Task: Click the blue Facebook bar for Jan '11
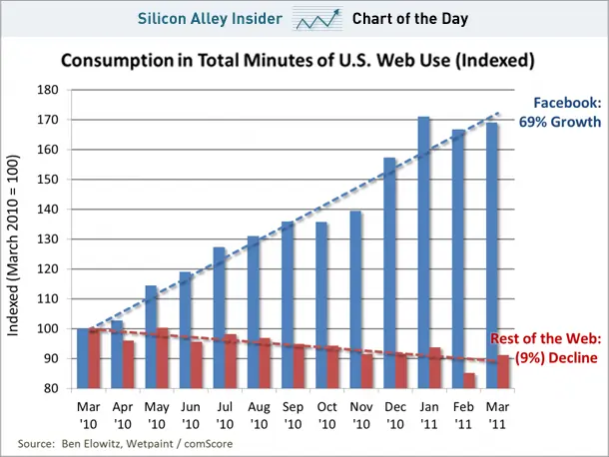[423, 252]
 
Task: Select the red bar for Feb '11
[469, 381]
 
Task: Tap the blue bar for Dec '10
[389, 273]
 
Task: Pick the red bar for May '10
[163, 358]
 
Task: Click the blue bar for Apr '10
[117, 354]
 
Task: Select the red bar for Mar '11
[503, 372]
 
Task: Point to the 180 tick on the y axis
[48, 90]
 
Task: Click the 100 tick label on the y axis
[48, 329]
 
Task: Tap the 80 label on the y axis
[51, 388]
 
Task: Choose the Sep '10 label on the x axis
[293, 415]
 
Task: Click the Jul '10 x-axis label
[225, 415]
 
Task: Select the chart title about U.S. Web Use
[298, 61]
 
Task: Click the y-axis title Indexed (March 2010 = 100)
[13, 245]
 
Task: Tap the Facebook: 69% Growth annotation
[560, 112]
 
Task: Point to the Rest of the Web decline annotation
[546, 348]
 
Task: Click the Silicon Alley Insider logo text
[210, 19]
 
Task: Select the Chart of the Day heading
[410, 19]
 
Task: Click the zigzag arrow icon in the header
[317, 19]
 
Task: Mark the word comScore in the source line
[209, 444]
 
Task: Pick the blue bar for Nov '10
[355, 299]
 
